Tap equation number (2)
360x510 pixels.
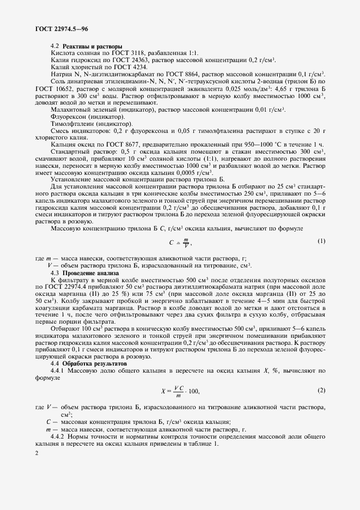pos(321,390)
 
